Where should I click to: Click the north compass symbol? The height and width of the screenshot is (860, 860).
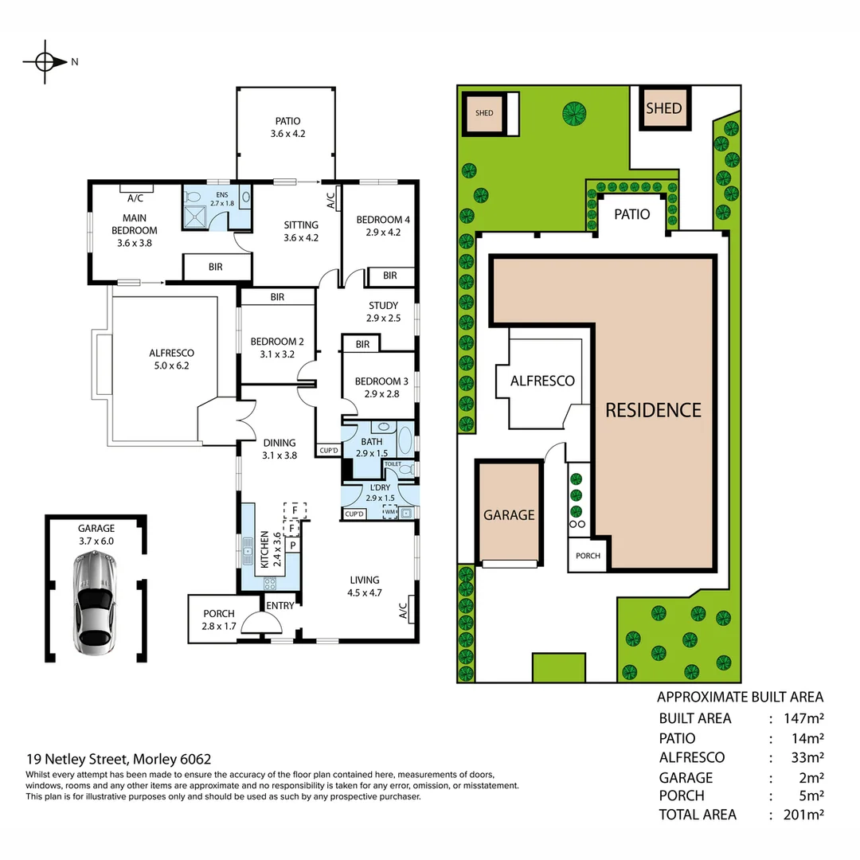tap(45, 61)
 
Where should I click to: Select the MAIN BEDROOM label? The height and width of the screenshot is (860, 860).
tap(135, 225)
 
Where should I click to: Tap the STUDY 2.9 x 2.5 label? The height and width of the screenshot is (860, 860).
tap(383, 311)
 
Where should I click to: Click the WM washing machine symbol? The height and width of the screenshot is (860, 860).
tap(390, 512)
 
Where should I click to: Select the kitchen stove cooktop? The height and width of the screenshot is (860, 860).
tap(271, 583)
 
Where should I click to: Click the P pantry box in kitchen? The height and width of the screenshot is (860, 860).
tap(293, 545)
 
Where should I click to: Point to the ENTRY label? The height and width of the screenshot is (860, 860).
tap(280, 606)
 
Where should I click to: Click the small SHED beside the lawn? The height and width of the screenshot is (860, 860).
tap(484, 112)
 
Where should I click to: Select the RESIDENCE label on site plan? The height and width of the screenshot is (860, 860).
tap(653, 410)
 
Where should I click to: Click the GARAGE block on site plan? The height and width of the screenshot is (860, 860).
tap(509, 514)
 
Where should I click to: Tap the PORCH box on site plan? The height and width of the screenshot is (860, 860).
tap(588, 556)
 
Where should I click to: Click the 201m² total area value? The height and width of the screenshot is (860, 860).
tap(804, 815)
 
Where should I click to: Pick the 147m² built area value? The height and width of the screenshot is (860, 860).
tap(804, 718)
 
